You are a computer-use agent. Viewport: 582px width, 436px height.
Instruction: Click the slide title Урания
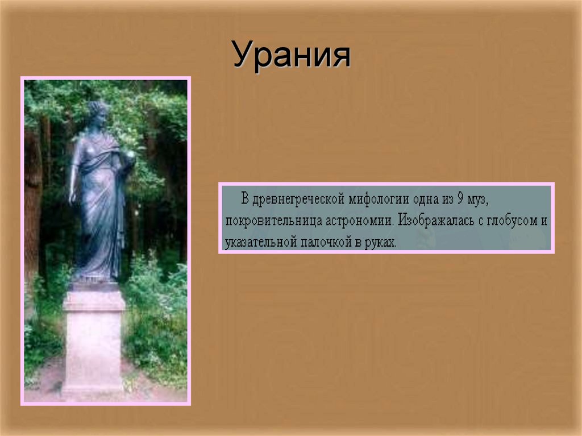[x=291, y=56]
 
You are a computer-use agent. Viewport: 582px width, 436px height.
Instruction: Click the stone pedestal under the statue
[x=94, y=341]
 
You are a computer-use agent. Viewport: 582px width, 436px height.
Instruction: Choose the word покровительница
[x=266, y=221]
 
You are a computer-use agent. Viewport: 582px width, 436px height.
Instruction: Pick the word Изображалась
[x=438, y=221]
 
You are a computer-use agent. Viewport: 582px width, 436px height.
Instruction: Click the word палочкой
[x=320, y=242]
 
